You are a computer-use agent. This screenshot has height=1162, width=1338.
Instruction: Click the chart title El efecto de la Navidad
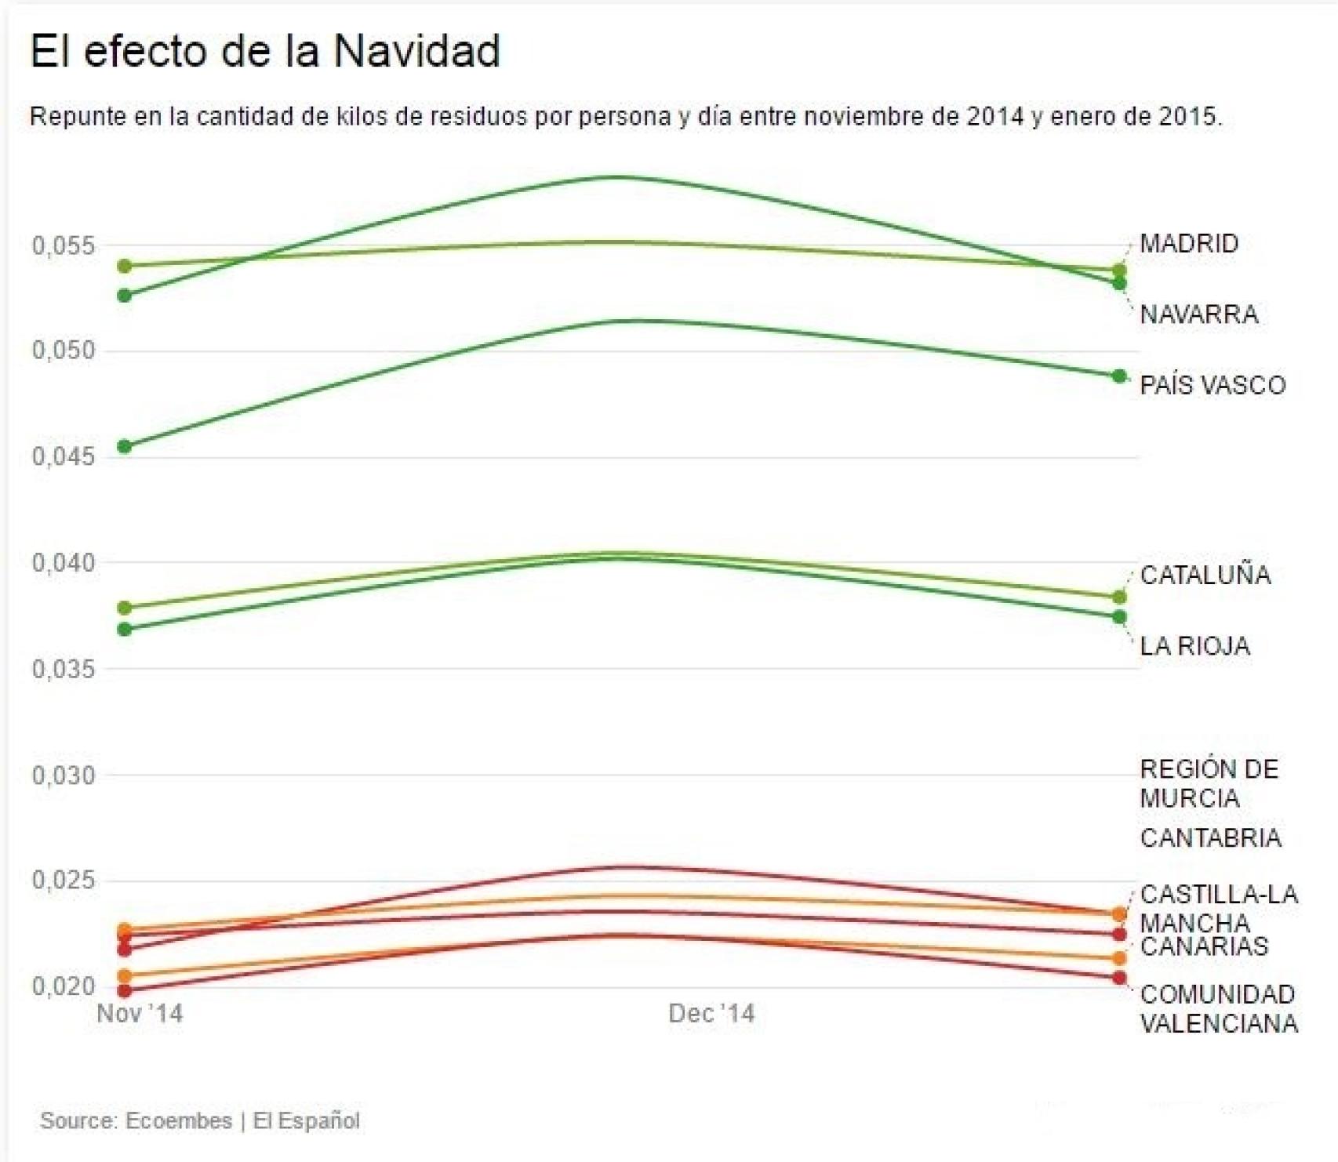coord(264,52)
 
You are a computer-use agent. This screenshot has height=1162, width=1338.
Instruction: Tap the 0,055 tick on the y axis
coord(63,246)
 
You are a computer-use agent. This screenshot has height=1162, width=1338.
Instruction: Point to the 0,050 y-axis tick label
coord(63,350)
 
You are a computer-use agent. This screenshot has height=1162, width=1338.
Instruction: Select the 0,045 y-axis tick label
coord(63,456)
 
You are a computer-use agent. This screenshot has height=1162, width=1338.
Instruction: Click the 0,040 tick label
coord(63,563)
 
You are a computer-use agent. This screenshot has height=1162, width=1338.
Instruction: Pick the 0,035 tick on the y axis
coord(63,669)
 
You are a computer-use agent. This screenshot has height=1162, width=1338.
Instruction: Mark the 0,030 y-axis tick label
coord(63,775)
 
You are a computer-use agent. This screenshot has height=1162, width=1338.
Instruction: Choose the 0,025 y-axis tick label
coord(63,881)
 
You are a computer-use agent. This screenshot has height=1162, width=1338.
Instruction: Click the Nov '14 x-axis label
coord(140,1014)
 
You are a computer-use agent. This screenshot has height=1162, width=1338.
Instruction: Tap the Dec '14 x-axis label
coord(711,1014)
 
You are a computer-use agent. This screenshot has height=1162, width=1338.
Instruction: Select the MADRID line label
coord(1188,244)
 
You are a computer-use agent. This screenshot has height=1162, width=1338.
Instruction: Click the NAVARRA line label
coord(1198,314)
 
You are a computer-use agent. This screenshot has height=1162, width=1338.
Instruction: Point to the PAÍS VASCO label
coord(1213,385)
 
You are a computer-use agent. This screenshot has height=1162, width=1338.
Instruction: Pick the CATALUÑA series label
coord(1205,576)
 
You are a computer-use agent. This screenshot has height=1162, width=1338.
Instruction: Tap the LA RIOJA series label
coord(1194,646)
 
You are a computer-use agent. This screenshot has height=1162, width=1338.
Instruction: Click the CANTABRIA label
coord(1210,838)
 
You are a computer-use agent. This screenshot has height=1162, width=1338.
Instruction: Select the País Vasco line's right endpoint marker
coord(1119,376)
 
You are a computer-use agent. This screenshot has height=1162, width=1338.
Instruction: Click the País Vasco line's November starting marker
coord(124,447)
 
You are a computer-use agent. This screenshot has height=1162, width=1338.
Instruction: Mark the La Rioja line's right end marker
coord(1119,617)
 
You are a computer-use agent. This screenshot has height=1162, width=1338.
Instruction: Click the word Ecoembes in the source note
coord(179,1120)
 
